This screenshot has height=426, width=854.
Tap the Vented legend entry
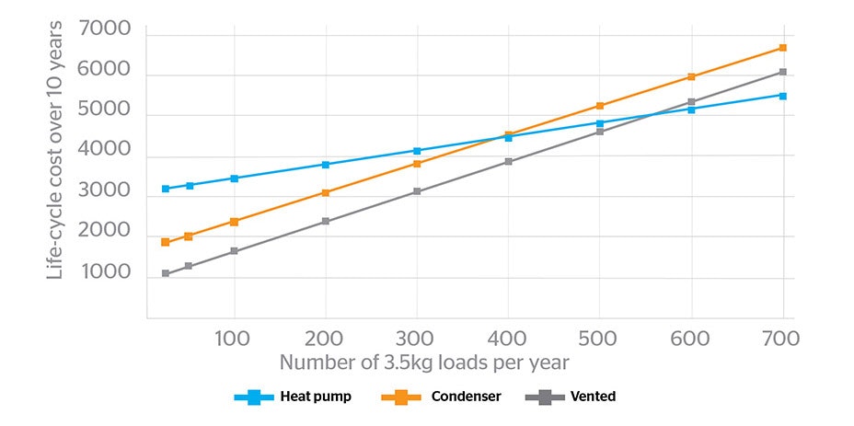[571, 397]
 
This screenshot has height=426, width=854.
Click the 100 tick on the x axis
[234, 339]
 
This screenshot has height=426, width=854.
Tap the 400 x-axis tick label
[508, 339]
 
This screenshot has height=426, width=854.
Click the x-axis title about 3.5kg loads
[424, 363]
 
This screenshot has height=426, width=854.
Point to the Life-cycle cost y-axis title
[56, 151]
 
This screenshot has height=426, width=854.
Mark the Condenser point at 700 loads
[782, 48]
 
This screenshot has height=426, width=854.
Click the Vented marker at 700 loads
[782, 72]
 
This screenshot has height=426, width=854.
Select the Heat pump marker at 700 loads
[782, 96]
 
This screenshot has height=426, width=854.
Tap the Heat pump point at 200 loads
[325, 165]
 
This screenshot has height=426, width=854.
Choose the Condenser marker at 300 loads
[417, 164]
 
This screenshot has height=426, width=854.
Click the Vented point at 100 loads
[234, 251]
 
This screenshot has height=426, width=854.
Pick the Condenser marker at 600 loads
[691, 76]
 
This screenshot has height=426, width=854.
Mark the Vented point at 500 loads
[599, 132]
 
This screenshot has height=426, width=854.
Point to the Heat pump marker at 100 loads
[234, 178]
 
